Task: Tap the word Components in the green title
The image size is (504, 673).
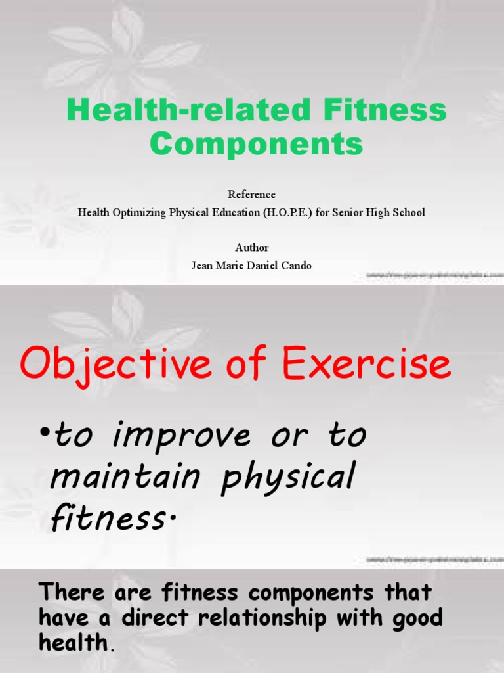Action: coord(256,143)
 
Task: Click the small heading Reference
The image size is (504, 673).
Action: coord(251,195)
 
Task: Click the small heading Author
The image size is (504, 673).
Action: coord(252,248)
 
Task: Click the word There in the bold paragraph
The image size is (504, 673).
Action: coord(72,592)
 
